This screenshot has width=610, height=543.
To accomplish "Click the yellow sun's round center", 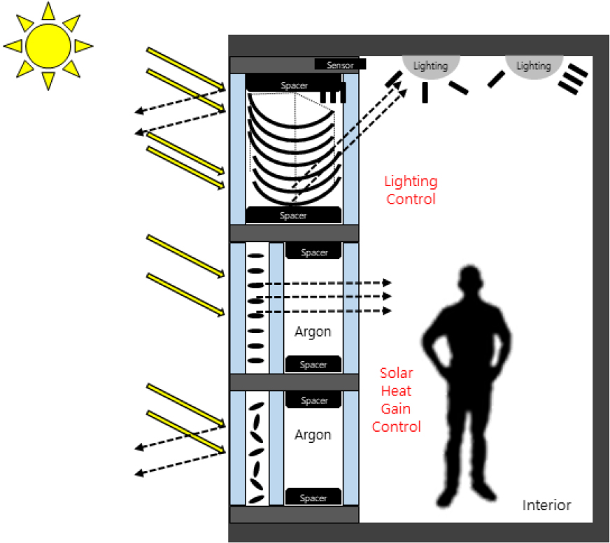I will pos(48,45).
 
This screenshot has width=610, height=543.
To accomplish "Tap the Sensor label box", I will pos(340,65).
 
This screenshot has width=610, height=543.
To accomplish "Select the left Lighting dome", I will pos(430,65).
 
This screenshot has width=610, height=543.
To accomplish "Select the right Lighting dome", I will pos(533,65).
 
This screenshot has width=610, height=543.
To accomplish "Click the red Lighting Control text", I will pos(411,190).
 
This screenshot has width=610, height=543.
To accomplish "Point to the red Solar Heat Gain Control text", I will pos(397,400).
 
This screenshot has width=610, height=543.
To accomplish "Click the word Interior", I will pos(546,505).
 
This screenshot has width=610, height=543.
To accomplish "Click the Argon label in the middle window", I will pos(312,332).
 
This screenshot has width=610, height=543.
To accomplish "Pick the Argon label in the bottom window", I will pos(312,435).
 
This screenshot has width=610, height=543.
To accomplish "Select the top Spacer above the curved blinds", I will pos(293,85).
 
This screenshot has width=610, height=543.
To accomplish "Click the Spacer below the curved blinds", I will pos(293,215).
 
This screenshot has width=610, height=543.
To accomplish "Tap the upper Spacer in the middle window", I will pos(313,252).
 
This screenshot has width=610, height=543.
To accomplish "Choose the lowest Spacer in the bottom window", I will pos(313,498).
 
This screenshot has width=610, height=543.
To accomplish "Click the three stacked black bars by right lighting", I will pos(572,78).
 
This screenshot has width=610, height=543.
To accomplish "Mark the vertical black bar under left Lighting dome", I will pos(425,92).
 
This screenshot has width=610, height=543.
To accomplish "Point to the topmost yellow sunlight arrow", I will pos(185,69).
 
